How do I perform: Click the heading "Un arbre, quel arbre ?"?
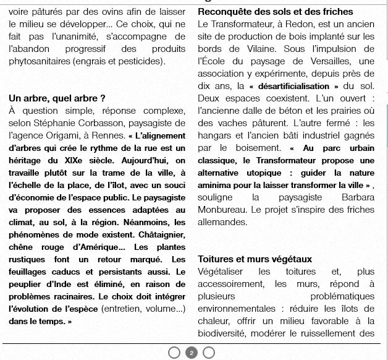(57, 98)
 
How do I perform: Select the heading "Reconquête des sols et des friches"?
(276, 12)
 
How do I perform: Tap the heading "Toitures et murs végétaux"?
(255, 259)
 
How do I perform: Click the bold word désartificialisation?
(294, 86)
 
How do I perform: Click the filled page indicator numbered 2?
(192, 353)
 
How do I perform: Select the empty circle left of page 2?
(174, 353)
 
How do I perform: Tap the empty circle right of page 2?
(209, 353)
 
